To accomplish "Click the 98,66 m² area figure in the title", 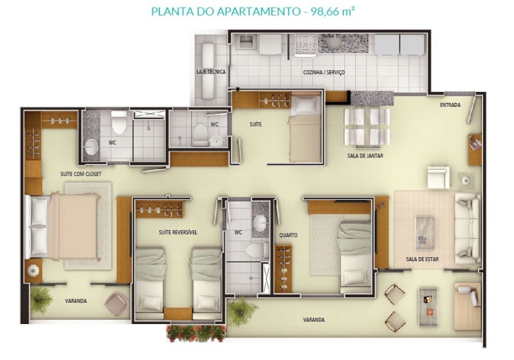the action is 333,12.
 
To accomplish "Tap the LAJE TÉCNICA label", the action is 211,71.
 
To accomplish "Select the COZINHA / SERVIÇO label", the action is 324,72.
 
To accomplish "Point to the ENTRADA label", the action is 450,105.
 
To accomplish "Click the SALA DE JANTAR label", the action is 365,156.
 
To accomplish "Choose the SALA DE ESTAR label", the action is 422,259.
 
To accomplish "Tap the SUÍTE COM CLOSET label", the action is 81,174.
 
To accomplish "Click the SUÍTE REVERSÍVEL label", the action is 178,232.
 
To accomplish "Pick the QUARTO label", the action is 288,235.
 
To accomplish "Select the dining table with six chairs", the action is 367,127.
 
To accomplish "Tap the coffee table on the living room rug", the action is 425,233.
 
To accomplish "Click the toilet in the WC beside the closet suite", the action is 119,123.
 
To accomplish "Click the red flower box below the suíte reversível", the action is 196,333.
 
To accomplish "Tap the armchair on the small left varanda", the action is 117,303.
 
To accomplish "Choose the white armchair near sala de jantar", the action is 439,177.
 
